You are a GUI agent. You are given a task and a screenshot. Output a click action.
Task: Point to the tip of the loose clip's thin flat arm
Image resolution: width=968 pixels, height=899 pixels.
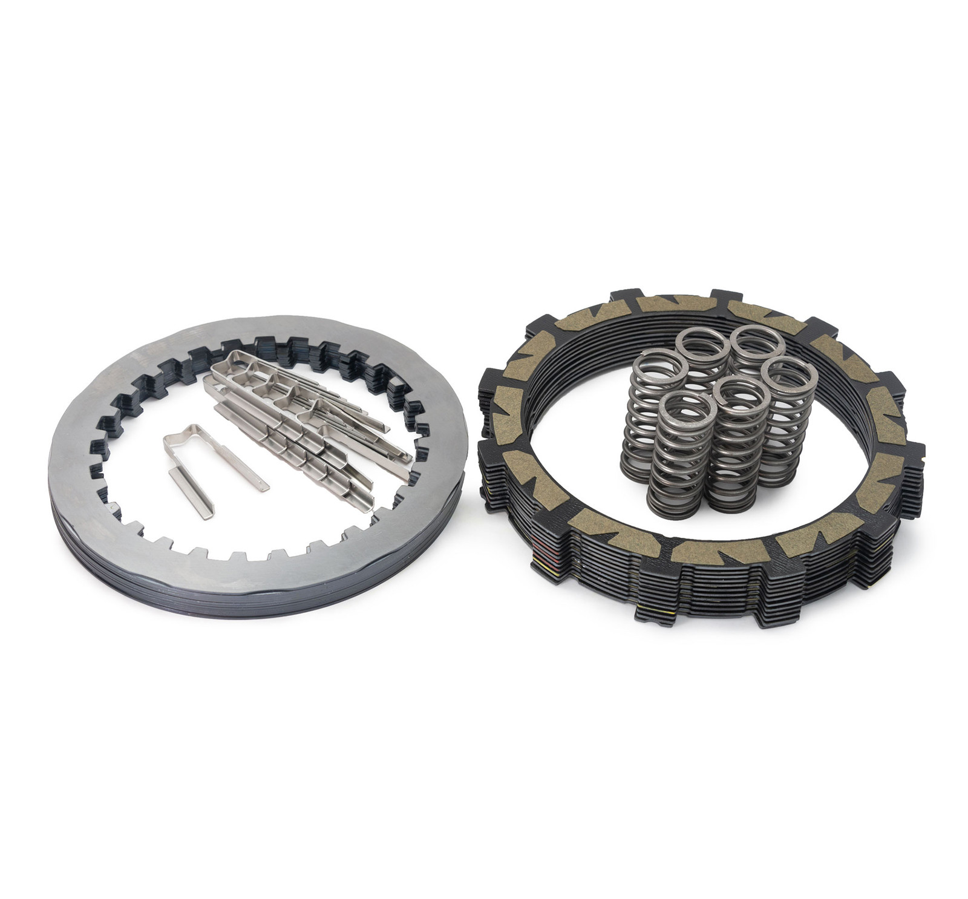[264, 487]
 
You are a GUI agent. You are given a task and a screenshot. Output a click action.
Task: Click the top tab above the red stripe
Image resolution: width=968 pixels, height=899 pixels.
[532, 532]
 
